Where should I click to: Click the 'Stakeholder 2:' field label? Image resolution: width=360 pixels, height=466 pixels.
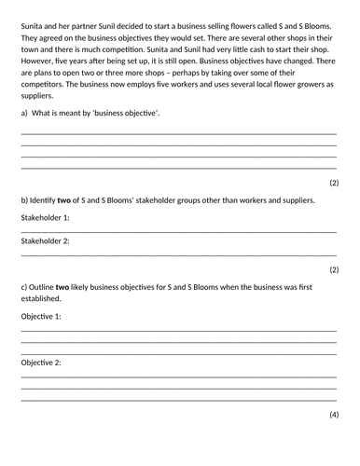click(x=45, y=240)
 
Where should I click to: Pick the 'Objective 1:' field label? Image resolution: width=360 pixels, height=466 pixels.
click(x=41, y=316)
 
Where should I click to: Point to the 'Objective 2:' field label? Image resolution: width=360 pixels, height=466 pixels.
click(x=41, y=362)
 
